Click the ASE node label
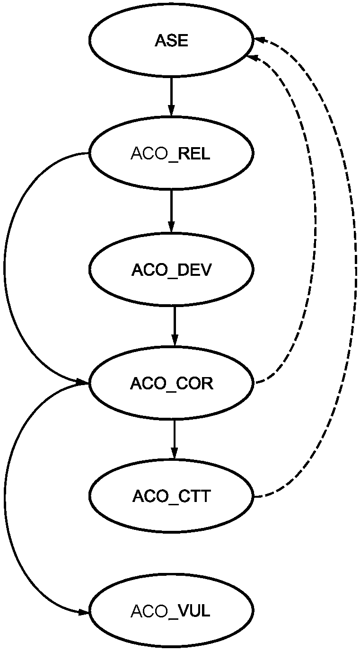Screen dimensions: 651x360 [171, 41]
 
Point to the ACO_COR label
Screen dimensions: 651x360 [171, 383]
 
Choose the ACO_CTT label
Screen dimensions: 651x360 [171, 497]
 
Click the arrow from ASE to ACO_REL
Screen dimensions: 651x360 [171, 95]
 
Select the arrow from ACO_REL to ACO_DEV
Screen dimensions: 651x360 [171, 208]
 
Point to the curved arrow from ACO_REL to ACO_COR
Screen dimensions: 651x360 [6, 265]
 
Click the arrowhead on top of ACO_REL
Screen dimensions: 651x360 [171, 112]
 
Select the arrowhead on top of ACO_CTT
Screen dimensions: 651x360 [175, 454]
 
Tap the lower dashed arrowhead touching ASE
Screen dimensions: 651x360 [254, 57]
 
